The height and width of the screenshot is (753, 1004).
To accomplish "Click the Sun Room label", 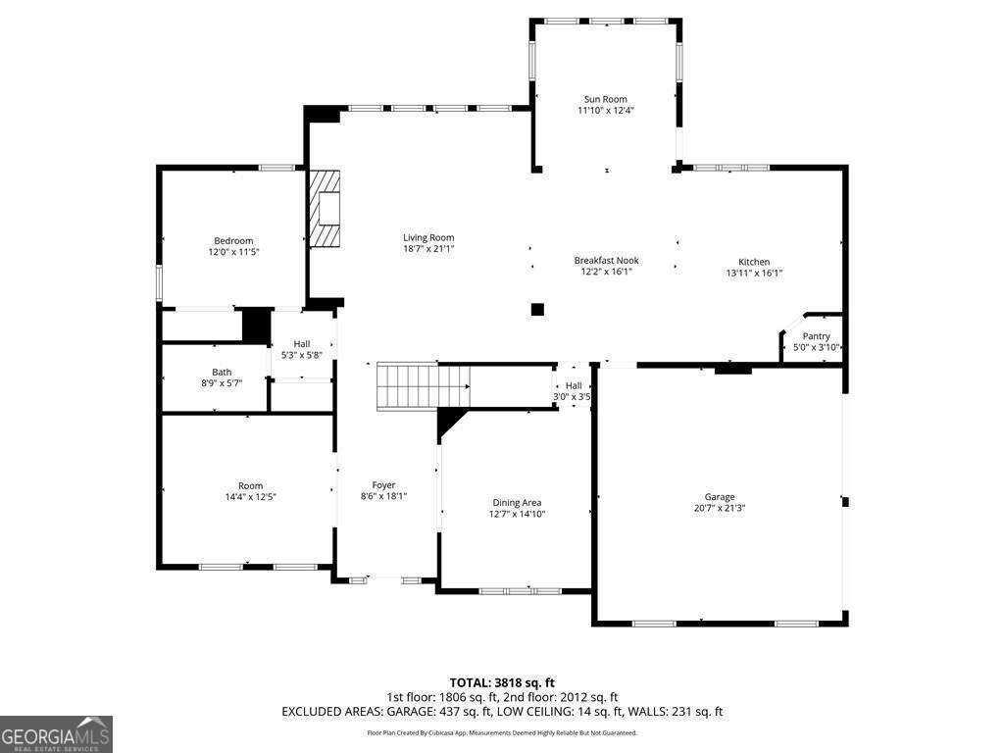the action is pyautogui.click(x=605, y=99).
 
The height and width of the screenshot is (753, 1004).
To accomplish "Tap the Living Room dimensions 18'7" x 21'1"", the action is pyautogui.click(x=428, y=248).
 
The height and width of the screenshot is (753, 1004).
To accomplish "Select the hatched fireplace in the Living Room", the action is pyautogui.click(x=325, y=208).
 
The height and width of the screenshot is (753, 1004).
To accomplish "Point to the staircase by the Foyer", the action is pyautogui.click(x=424, y=385).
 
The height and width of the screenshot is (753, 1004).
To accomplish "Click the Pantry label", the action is pyautogui.click(x=816, y=336).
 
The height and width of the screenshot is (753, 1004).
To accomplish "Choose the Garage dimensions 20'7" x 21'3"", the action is pyautogui.click(x=720, y=509).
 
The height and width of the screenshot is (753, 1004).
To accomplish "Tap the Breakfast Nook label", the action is pyautogui.click(x=606, y=261).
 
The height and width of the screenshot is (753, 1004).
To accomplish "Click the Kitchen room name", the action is pyautogui.click(x=754, y=262).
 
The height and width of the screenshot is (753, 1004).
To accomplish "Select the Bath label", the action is pyautogui.click(x=222, y=372).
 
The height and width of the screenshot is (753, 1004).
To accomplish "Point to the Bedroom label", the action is pyautogui.click(x=233, y=241).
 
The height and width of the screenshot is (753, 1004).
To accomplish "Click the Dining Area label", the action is pyautogui.click(x=517, y=503).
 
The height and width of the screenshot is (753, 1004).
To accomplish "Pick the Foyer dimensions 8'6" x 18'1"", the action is pyautogui.click(x=384, y=496).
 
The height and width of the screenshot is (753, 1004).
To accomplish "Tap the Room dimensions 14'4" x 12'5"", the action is pyautogui.click(x=250, y=497).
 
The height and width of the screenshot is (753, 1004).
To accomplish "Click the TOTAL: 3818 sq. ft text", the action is pyautogui.click(x=502, y=682).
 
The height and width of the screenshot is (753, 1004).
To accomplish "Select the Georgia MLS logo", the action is pyautogui.click(x=56, y=733).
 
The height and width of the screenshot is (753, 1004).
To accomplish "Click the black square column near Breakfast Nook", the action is pyautogui.click(x=537, y=310).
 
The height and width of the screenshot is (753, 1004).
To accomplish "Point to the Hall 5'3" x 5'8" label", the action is pyautogui.click(x=302, y=350).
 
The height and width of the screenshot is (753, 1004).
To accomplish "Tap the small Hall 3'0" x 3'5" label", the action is pyautogui.click(x=572, y=391).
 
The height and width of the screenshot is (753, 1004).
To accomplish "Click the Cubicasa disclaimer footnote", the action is pyautogui.click(x=502, y=733).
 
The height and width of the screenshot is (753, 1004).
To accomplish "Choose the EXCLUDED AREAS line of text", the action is pyautogui.click(x=502, y=712).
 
